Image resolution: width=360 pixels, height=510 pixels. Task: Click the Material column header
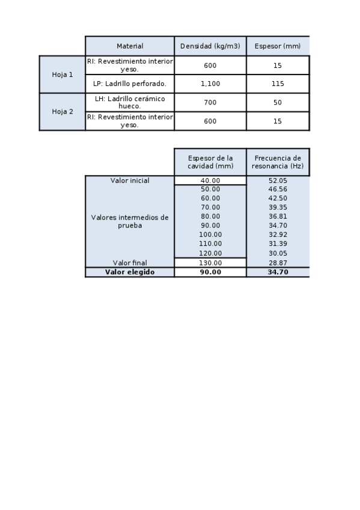click(x=130, y=46)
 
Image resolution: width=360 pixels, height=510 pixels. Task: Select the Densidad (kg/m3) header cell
click(x=210, y=46)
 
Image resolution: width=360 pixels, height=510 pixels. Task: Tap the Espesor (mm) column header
click(x=277, y=46)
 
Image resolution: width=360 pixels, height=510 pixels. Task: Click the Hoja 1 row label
click(x=63, y=75)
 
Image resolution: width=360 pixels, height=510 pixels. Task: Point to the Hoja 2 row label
click(x=63, y=111)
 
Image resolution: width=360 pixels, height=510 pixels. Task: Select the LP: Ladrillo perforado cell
click(x=130, y=84)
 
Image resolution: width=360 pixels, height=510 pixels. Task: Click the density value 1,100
click(x=210, y=84)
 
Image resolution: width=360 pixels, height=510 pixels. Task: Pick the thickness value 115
click(x=277, y=84)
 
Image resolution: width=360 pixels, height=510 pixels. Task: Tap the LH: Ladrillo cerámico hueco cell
click(x=130, y=102)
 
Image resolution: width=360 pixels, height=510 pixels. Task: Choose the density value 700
click(x=210, y=102)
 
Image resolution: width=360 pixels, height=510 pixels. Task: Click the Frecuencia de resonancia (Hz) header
click(x=277, y=162)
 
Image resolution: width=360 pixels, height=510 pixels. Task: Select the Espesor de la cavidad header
click(x=210, y=162)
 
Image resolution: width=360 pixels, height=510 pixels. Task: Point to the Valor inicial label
click(x=130, y=180)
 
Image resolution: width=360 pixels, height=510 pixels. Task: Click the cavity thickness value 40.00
click(x=210, y=180)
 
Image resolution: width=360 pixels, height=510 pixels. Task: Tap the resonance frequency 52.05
click(x=277, y=180)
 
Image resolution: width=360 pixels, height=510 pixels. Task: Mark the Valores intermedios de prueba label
click(x=130, y=221)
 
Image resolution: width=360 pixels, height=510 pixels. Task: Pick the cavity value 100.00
click(x=210, y=235)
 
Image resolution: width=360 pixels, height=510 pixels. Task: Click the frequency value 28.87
click(x=277, y=263)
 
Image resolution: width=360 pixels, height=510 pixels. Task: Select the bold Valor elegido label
click(x=130, y=272)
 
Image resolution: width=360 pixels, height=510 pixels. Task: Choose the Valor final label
click(x=130, y=263)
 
